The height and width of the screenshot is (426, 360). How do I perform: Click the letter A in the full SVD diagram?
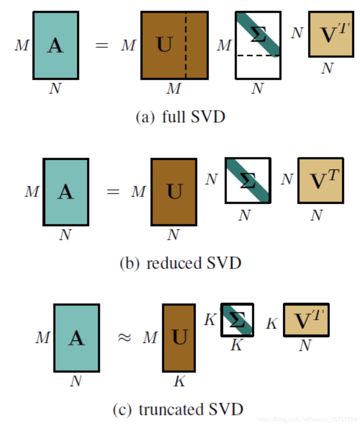(55, 46)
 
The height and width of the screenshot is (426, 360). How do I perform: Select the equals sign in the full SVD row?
(102, 46)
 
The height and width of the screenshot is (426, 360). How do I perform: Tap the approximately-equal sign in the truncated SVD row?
(124, 338)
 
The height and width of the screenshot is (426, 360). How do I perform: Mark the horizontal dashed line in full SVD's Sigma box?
(258, 56)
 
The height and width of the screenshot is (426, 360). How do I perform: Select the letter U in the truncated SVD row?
(179, 337)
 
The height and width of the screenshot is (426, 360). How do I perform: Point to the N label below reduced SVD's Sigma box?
(244, 216)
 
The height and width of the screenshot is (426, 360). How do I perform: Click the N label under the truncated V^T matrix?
(305, 346)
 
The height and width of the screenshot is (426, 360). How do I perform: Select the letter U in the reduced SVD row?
(175, 191)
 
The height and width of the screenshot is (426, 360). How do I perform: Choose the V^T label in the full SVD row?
(330, 34)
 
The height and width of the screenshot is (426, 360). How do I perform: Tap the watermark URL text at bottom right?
(308, 420)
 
